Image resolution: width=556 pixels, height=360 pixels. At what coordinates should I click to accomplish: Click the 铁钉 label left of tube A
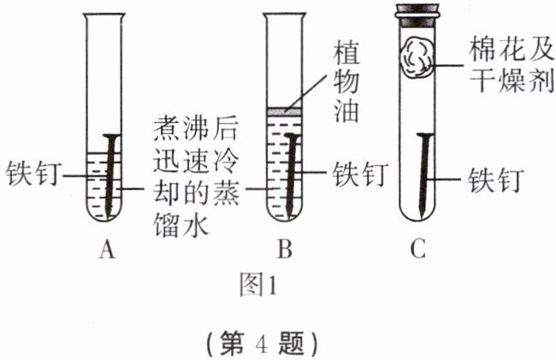(x=32, y=173)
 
